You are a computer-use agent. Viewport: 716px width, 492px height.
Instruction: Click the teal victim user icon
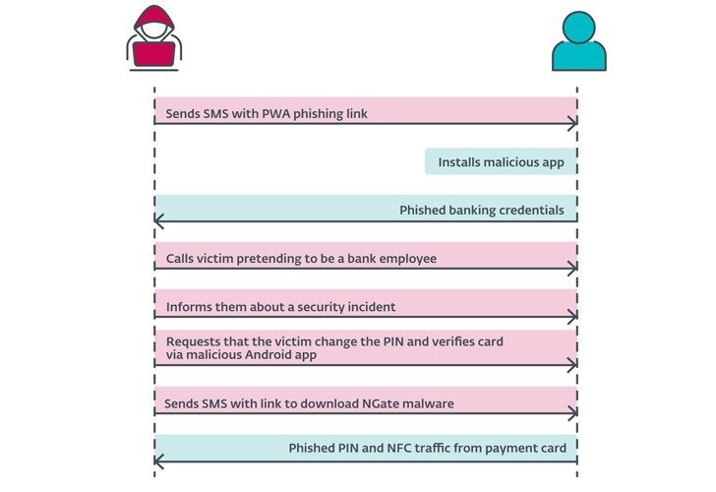pyautogui.click(x=578, y=41)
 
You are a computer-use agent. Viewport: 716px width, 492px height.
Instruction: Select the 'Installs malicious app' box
pyautogui.click(x=501, y=162)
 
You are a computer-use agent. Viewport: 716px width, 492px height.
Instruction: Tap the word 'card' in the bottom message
pyautogui.click(x=551, y=449)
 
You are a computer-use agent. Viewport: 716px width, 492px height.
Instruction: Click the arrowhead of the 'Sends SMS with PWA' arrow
pyautogui.click(x=572, y=123)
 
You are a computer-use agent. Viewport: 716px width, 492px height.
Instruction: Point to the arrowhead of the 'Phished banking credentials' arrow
pyautogui.click(x=159, y=220)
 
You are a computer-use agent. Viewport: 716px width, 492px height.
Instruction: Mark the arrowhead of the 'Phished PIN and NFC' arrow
pyautogui.click(x=159, y=460)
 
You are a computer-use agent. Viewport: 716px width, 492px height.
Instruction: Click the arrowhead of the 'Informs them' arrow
pyautogui.click(x=572, y=317)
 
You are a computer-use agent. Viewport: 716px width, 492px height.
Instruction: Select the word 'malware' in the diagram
pyautogui.click(x=426, y=403)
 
